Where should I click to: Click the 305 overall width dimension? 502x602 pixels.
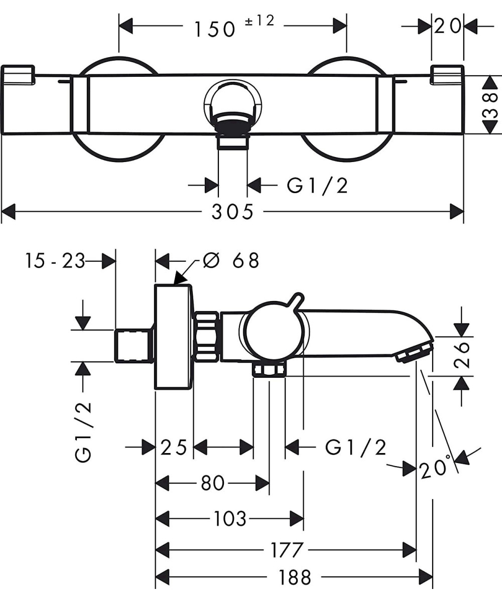click(232, 212)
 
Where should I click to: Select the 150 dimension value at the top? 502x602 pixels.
click(215, 29)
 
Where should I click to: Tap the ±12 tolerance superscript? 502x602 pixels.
click(260, 21)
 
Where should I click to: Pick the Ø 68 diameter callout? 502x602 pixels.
click(231, 260)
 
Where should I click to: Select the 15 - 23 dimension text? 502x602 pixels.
click(56, 261)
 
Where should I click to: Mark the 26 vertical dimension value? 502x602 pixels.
click(463, 355)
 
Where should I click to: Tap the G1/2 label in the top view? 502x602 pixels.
click(317, 186)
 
